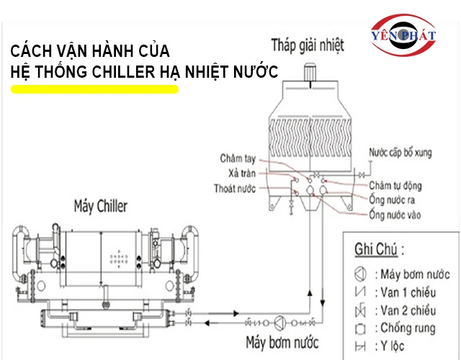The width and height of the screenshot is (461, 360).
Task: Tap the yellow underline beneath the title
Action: click(94, 89)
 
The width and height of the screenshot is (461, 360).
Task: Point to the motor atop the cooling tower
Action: click(310, 73)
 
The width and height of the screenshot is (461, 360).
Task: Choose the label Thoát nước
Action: click(234, 188)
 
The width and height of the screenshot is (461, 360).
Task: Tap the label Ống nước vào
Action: click(395, 214)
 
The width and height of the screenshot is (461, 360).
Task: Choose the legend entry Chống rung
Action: click(405, 328)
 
